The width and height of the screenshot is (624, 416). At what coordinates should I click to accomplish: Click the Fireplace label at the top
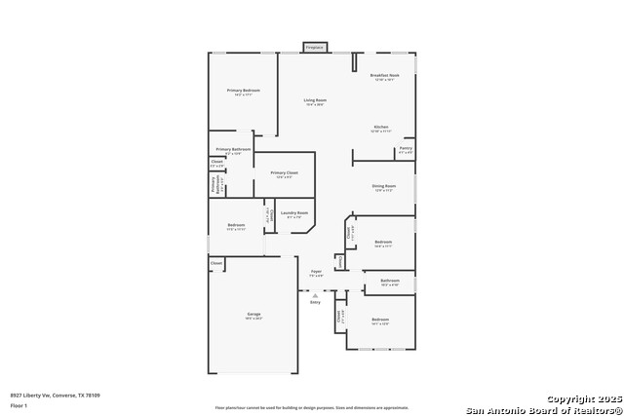pos(314,47)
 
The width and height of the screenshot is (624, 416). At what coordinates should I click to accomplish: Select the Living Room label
pos(314,100)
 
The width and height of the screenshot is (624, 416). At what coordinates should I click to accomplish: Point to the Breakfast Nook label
pos(384,75)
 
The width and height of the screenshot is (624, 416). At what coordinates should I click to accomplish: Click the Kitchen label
pos(381,127)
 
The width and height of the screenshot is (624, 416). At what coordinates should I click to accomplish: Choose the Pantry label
pos(406,148)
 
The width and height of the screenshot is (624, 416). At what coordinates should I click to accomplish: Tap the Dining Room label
pos(384,185)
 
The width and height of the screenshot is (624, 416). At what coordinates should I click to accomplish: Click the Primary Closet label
pos(285,172)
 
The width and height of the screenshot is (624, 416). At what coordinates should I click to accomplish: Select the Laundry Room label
pos(293,212)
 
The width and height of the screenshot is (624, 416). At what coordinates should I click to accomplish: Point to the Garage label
pos(253,314)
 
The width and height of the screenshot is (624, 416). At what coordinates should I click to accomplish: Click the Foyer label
pos(315,271)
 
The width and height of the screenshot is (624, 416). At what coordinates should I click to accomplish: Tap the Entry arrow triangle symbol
pos(315,294)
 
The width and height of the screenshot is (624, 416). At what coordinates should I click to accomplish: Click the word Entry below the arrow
pos(315,303)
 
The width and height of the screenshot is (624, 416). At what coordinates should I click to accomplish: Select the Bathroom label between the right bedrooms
pos(390,281)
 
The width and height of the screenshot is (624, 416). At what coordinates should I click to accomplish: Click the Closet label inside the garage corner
pos(216,262)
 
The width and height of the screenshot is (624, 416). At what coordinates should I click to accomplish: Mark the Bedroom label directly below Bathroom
pos(379,320)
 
